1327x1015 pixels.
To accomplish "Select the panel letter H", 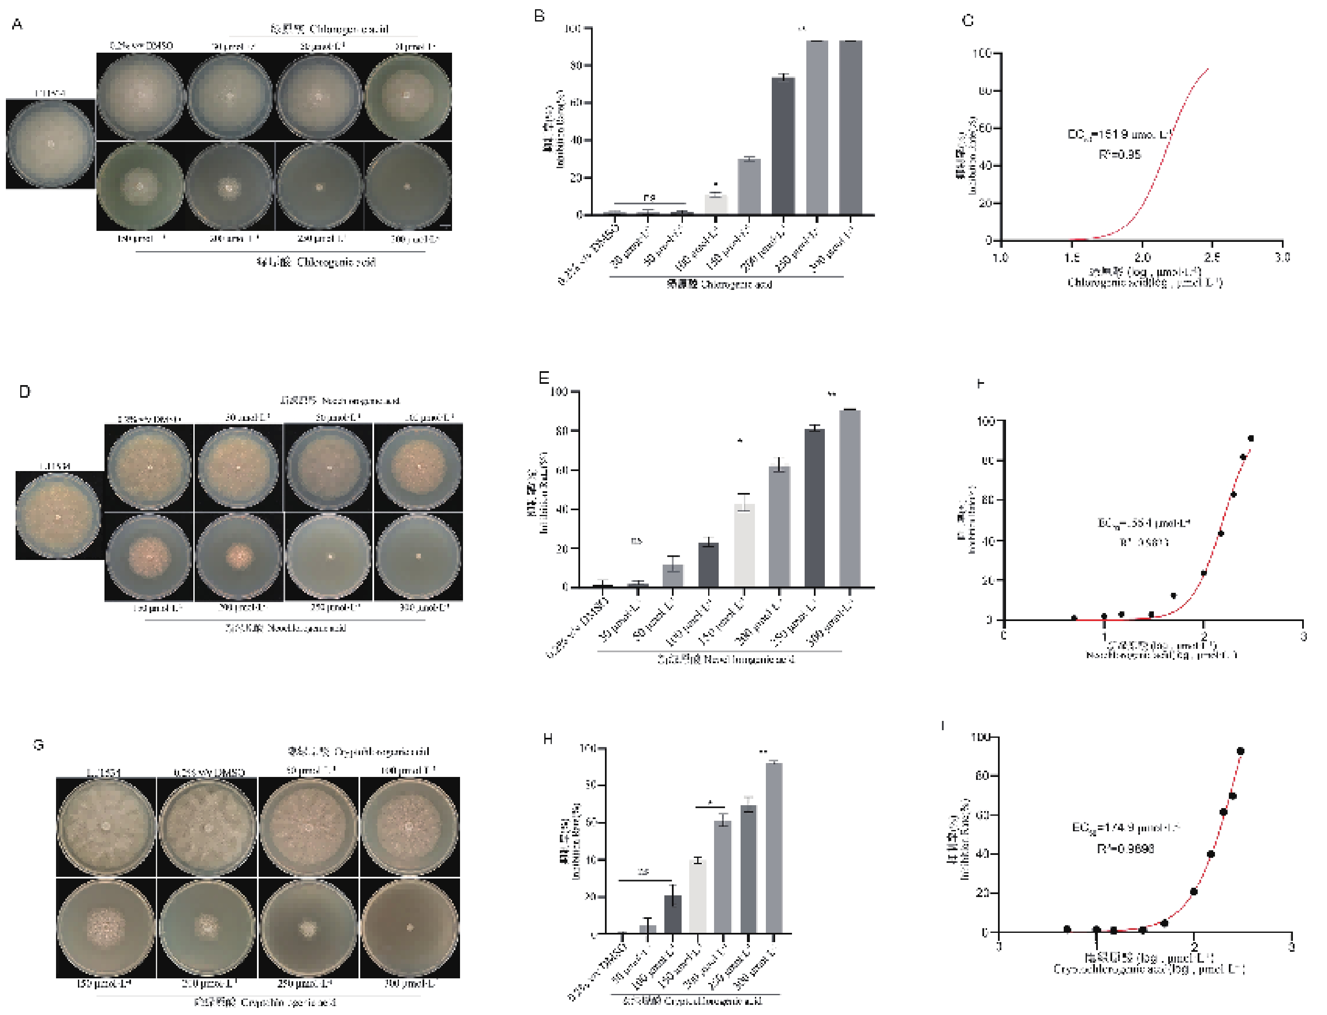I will tap(548, 739).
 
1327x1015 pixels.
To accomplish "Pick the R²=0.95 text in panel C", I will tap(1119, 155).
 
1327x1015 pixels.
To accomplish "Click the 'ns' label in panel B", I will tap(649, 197).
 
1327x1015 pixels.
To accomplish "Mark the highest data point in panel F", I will tap(1251, 439).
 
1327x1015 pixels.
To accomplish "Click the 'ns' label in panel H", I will tap(644, 872).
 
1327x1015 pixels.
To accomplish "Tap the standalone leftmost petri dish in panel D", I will tap(59, 517).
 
